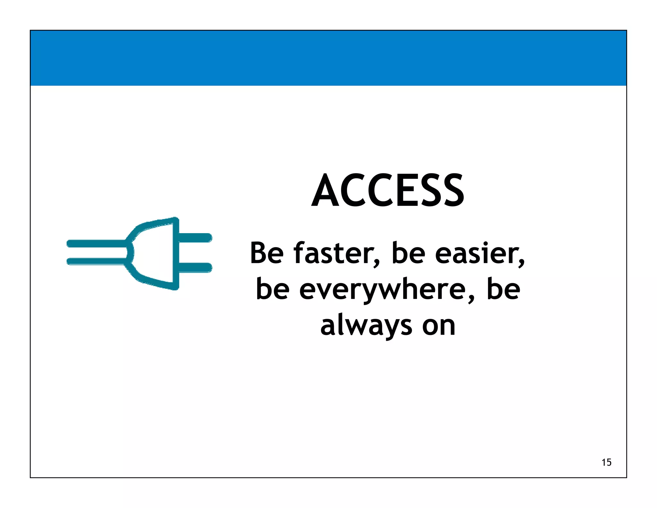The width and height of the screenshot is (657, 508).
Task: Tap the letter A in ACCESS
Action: [326, 191]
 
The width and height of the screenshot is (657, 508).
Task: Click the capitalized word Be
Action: [267, 253]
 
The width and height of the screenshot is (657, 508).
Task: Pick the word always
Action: [366, 326]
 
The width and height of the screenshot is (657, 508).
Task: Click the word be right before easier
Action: [408, 253]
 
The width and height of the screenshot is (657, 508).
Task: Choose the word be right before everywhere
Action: [273, 289]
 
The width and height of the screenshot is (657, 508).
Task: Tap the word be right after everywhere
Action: [503, 289]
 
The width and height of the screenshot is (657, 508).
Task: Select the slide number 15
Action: [606, 462]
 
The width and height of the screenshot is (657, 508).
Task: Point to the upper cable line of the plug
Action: [96, 243]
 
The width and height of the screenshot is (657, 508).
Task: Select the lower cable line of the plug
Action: [96, 262]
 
